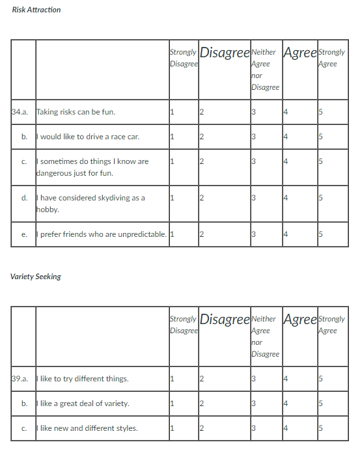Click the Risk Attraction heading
point(36,10)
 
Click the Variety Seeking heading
point(36,277)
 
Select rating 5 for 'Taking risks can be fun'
point(321,112)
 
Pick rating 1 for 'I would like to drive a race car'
point(172,137)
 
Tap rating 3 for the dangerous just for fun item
point(254,161)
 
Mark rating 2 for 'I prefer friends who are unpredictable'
point(202,234)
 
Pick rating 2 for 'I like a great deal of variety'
point(202,403)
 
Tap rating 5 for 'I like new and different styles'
point(321,428)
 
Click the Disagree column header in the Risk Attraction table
point(225,53)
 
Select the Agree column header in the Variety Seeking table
point(300,320)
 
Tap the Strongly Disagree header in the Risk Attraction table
point(184,58)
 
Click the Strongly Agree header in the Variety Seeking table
point(332,325)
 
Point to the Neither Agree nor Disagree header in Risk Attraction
point(265,70)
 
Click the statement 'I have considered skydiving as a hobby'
point(91,204)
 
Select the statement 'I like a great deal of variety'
point(83,403)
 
